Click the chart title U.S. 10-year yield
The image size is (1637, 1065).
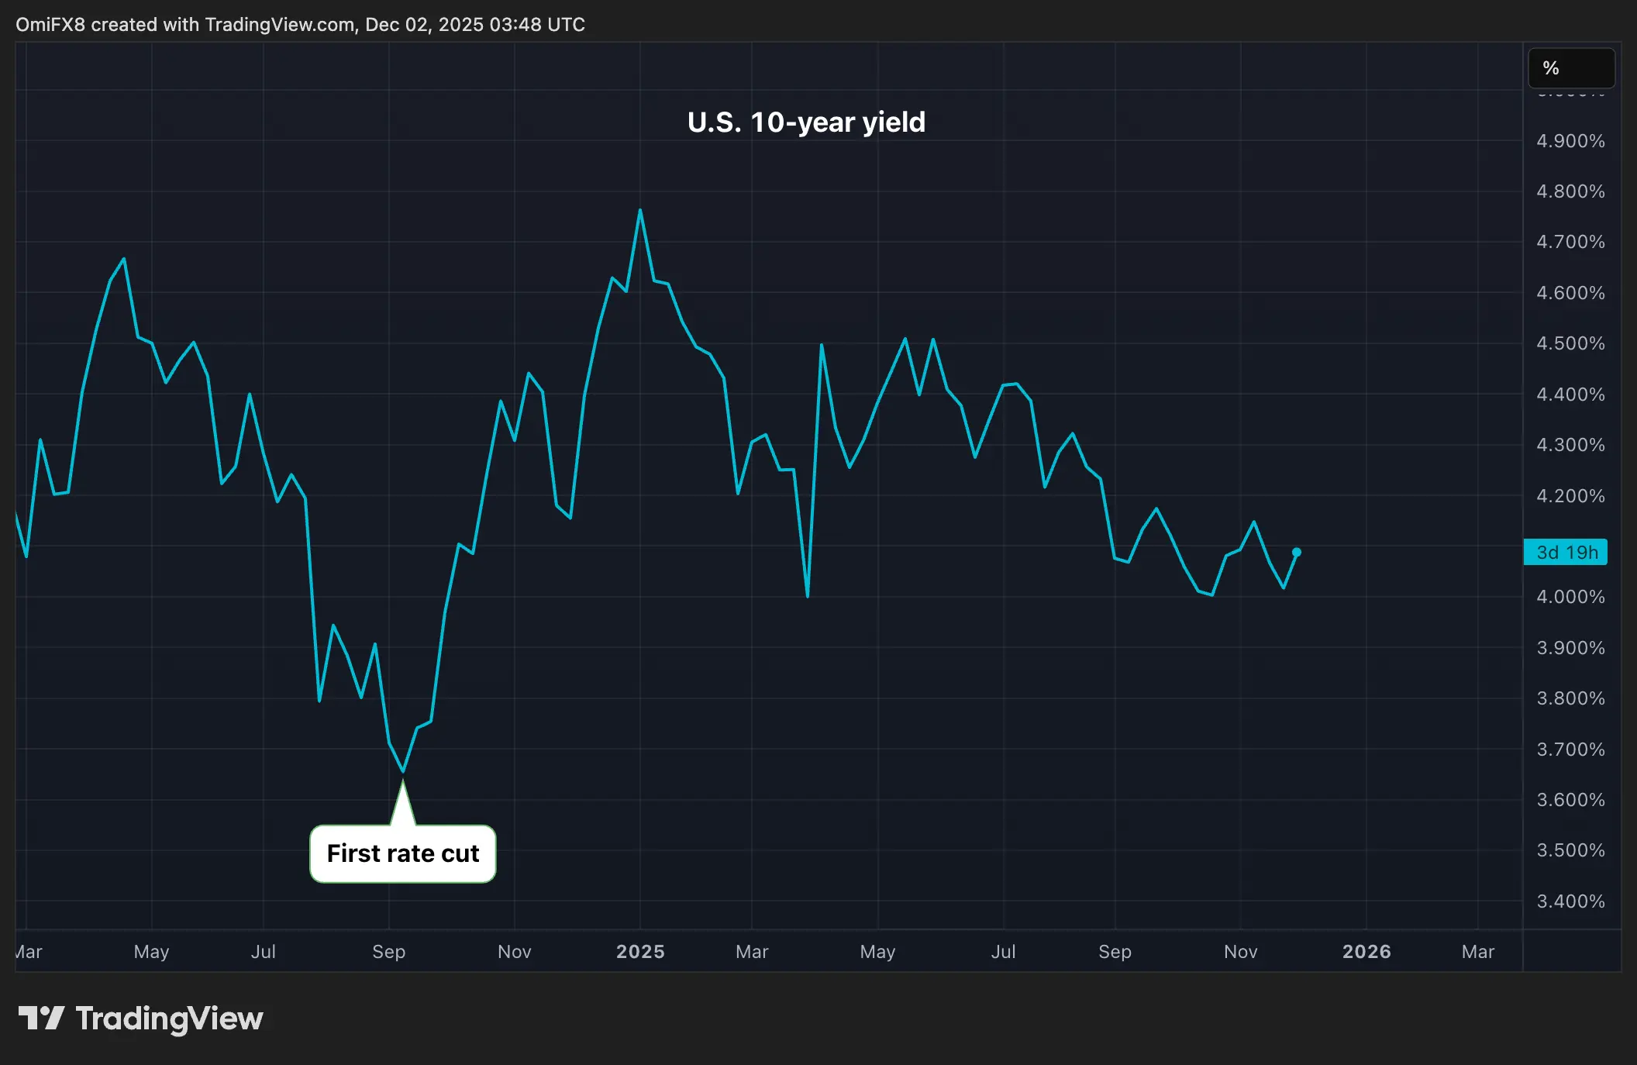coord(806,122)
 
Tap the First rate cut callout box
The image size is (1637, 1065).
coord(403,853)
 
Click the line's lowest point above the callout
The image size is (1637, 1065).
coord(403,770)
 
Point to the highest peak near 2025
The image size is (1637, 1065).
coord(640,210)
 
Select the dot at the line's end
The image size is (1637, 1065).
coord(1297,552)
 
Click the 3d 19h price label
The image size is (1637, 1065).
coord(1566,552)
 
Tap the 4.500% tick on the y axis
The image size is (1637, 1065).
coord(1570,343)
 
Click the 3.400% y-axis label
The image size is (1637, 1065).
coord(1570,901)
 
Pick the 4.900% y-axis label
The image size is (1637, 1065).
coord(1570,141)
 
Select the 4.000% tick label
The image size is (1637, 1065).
coord(1570,597)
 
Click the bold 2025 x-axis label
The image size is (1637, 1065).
coord(640,951)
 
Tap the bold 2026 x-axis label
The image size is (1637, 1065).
coord(1366,951)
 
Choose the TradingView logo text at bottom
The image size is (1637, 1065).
coord(169,1018)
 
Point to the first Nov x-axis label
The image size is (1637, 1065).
coord(515,951)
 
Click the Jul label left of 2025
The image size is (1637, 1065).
coord(264,951)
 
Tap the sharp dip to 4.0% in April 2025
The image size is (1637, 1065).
coord(808,595)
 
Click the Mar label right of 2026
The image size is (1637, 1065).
coord(1478,951)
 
